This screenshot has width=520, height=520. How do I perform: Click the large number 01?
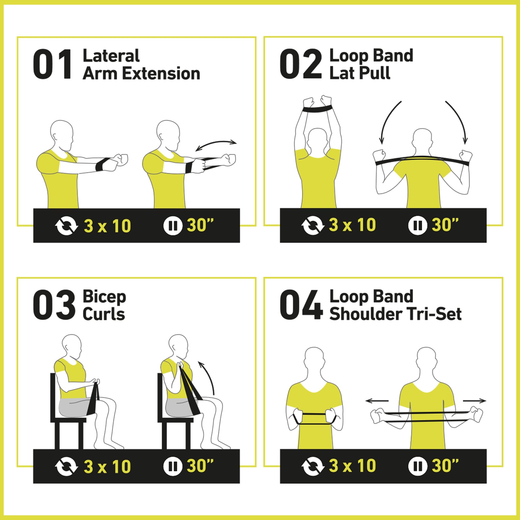53,64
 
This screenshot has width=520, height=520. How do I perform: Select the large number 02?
300,64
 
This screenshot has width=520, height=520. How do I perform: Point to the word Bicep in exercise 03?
104,297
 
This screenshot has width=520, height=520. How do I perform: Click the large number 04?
301,305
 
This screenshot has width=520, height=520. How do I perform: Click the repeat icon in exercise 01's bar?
66,226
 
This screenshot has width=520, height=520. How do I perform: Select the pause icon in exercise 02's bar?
417,225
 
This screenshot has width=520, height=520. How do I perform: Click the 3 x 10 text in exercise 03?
107,467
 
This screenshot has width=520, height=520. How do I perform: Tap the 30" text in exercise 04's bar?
445,466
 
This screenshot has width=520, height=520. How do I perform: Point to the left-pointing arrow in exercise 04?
377,401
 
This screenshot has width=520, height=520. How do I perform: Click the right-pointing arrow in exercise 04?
474,401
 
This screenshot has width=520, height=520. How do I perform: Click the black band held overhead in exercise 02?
318,109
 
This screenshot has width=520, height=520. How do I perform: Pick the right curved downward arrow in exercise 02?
458,120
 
